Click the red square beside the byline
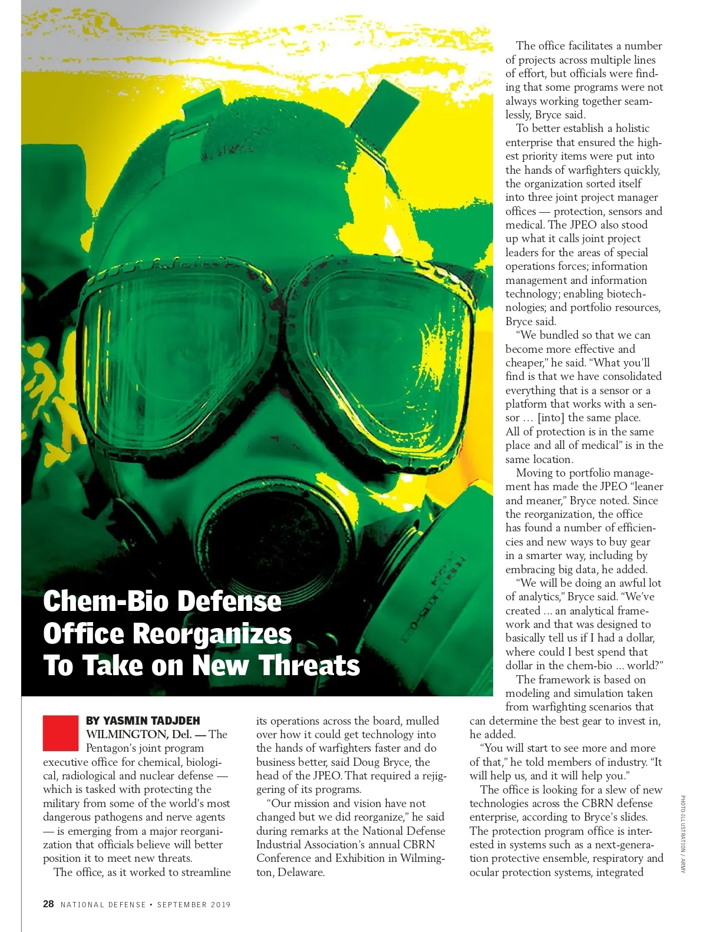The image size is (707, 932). coord(60,733)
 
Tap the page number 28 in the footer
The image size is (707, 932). coord(48,904)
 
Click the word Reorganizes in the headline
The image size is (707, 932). coord(212,634)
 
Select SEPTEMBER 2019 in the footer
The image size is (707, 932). coord(194,904)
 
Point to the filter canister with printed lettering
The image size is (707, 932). coord(436,589)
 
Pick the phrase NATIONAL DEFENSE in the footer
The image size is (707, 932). coord(103,904)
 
